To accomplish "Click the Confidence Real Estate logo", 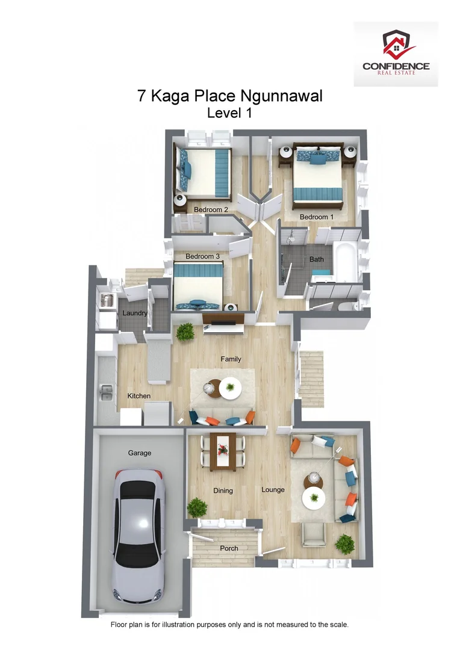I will click(396, 54).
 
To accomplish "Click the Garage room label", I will click(139, 453).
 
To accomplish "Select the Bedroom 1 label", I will click(317, 217).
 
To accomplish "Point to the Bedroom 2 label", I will click(211, 210).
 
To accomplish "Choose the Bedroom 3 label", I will click(202, 256).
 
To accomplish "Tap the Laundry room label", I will click(135, 313).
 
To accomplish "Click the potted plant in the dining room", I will click(197, 507).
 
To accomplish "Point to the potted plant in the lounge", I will click(345, 544).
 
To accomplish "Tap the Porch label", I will click(229, 548).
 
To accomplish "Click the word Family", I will click(231, 359).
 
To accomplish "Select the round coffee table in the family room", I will click(230, 388).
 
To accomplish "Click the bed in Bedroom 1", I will click(318, 175).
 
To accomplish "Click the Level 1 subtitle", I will click(229, 113).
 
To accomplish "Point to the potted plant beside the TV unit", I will click(185, 331).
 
